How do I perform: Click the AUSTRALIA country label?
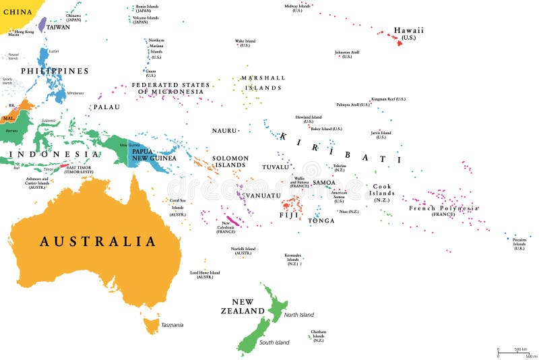[x=98, y=241]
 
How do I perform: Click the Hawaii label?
[x=408, y=31]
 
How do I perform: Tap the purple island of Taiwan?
[x=42, y=25]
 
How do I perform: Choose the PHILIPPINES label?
[x=55, y=71]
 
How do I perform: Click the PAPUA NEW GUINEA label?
[x=154, y=154]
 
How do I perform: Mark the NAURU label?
[x=224, y=130]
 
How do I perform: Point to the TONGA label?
[x=321, y=220]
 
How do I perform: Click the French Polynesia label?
[x=444, y=208]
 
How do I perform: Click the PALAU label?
[x=106, y=107]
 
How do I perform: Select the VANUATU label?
[x=262, y=196]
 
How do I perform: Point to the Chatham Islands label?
[x=319, y=334]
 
